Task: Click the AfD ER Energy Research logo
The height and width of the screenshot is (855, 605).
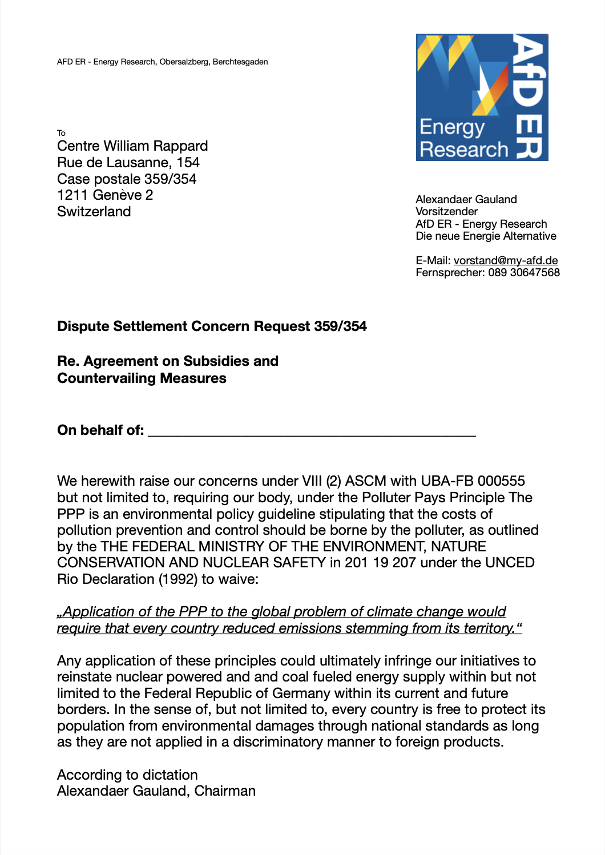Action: [x=482, y=97]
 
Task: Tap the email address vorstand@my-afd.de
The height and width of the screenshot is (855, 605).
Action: [x=506, y=261]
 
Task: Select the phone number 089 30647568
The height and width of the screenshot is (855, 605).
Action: [x=524, y=273]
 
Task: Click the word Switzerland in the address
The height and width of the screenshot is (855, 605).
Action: [x=94, y=212]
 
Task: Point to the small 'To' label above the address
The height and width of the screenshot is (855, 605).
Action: [x=61, y=133]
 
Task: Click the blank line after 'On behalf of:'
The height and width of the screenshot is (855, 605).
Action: [x=312, y=431]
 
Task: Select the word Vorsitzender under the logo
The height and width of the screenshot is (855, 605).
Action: [x=446, y=212]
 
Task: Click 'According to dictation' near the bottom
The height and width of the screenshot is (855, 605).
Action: [x=127, y=775]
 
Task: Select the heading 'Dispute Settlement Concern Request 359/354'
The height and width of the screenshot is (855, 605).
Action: [x=212, y=326]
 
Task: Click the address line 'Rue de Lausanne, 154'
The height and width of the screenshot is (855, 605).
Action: [x=128, y=163]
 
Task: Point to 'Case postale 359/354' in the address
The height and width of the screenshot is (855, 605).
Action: [x=127, y=179]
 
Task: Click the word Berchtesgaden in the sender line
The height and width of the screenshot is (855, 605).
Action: [x=240, y=62]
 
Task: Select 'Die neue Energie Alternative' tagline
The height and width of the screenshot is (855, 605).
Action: [x=486, y=236]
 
